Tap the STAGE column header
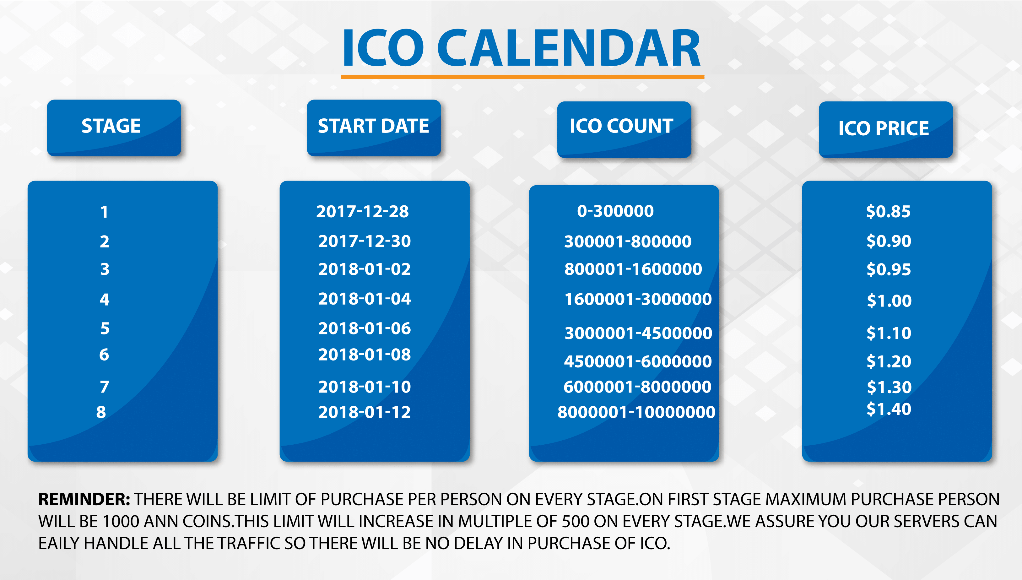coord(114,127)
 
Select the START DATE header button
coord(374,127)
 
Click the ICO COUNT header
coord(624,129)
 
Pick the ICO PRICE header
coord(885,129)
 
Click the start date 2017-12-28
coord(362,212)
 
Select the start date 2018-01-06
coord(365,328)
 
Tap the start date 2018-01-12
coord(365,412)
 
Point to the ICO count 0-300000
coord(615,211)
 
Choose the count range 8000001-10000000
coord(636,412)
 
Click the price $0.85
coord(888,212)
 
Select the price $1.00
coord(889,300)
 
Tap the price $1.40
coord(889,409)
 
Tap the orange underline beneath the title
coord(522,77)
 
